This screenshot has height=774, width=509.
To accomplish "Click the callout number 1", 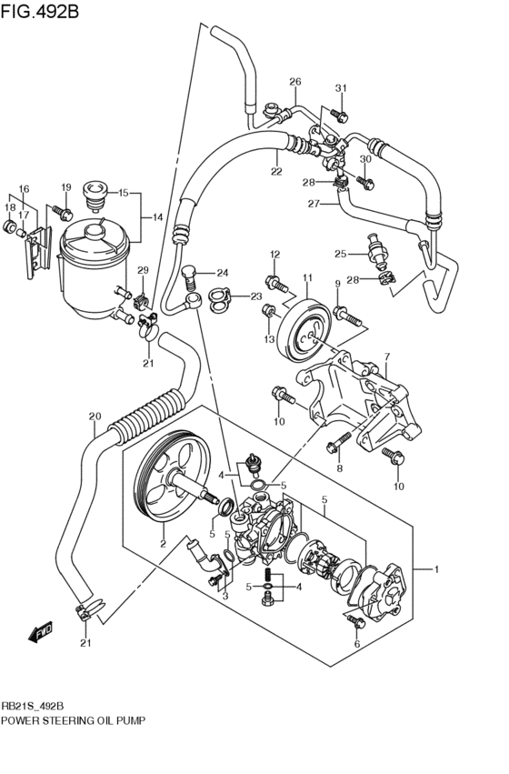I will coord(436,569).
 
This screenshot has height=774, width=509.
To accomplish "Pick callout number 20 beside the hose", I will coord(94,417).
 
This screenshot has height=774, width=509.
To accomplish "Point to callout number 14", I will coord(156,217).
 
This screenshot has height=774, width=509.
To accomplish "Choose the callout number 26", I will coord(294,82).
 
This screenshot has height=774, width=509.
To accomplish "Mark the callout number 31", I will coord(342,87).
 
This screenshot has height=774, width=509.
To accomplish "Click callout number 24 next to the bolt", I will coord(222,272).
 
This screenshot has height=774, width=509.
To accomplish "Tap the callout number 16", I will coord(24,188).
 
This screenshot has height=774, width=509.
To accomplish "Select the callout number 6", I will coord(357,643).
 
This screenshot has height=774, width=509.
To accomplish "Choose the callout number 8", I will coord(338,469).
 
